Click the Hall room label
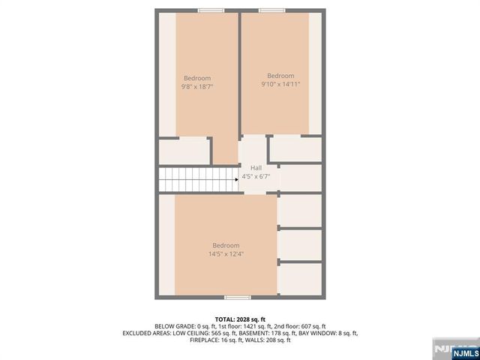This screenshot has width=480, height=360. coord(256,167)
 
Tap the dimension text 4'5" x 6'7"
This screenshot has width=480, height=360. coord(256,178)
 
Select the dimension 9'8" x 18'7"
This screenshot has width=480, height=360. coord(197,87)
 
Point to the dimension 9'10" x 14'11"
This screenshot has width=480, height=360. coord(280,84)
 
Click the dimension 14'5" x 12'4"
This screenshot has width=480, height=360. coord(226,254)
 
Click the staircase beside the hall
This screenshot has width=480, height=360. coord(196,179)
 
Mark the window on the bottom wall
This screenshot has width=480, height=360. coord(237,298)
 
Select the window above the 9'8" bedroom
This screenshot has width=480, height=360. coord(211,10)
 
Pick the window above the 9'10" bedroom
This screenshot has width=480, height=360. coord(271,10)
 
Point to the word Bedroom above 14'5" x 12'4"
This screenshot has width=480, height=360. coord(226,245)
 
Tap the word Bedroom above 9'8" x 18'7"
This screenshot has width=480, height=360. coord(197,78)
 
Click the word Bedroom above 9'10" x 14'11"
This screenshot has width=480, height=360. coord(280,75)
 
